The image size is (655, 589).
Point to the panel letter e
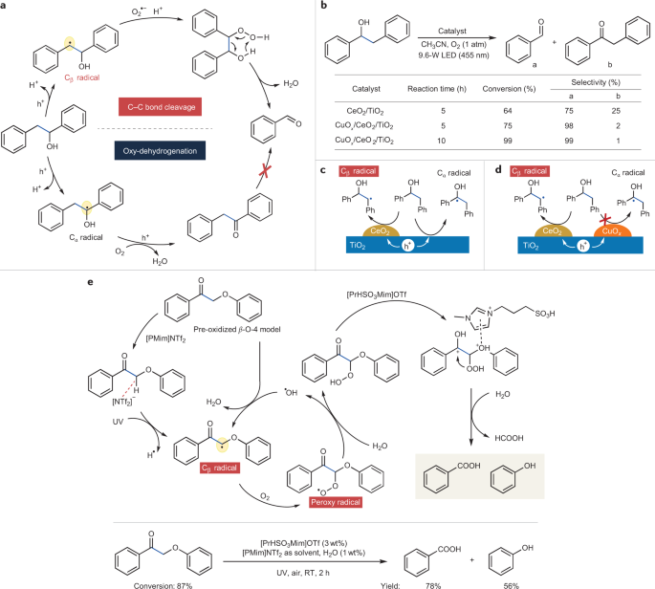tap(89, 283)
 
